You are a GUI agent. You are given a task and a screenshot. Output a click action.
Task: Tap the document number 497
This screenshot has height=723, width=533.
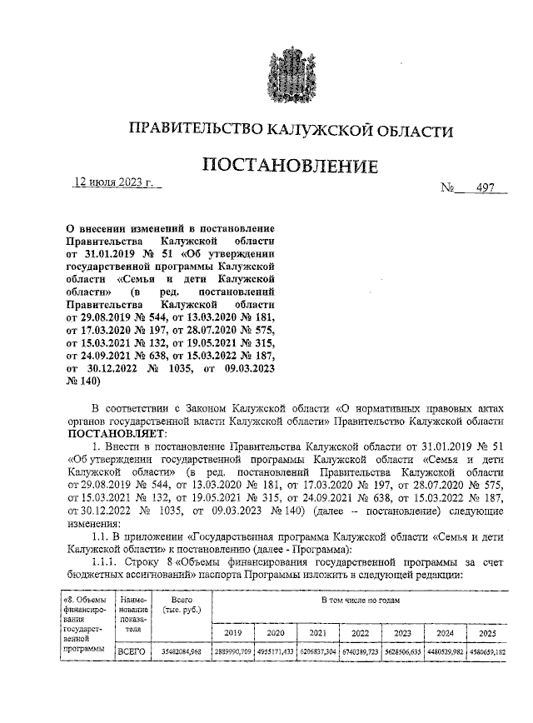480,187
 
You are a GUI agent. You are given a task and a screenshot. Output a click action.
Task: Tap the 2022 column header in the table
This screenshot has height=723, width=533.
359,632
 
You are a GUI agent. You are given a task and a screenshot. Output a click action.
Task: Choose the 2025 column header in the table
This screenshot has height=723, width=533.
486,632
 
